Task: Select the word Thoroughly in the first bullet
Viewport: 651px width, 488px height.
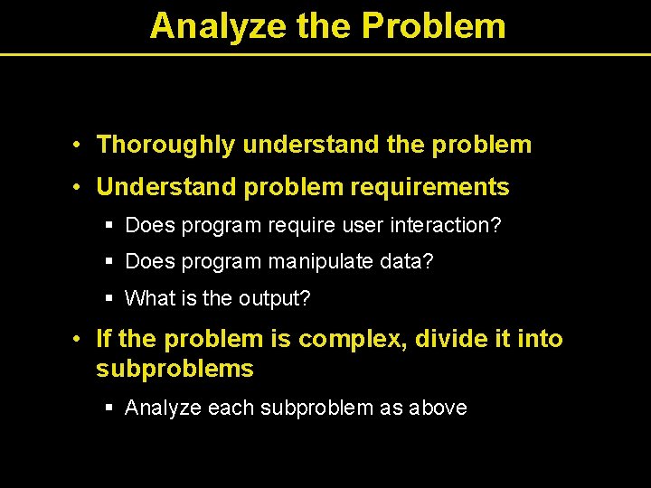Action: click(x=166, y=145)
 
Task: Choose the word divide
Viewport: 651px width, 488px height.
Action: click(x=448, y=340)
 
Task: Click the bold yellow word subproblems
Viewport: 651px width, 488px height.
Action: click(x=175, y=370)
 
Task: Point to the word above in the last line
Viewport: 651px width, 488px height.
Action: click(x=438, y=408)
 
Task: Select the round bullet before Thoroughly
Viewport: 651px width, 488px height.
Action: click(x=80, y=145)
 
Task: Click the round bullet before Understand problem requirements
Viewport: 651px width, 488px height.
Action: click(x=80, y=188)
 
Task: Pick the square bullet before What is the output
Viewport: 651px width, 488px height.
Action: click(x=109, y=298)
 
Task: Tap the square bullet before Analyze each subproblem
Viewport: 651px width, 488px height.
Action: click(x=109, y=408)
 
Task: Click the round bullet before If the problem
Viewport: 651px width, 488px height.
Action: click(x=80, y=340)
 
